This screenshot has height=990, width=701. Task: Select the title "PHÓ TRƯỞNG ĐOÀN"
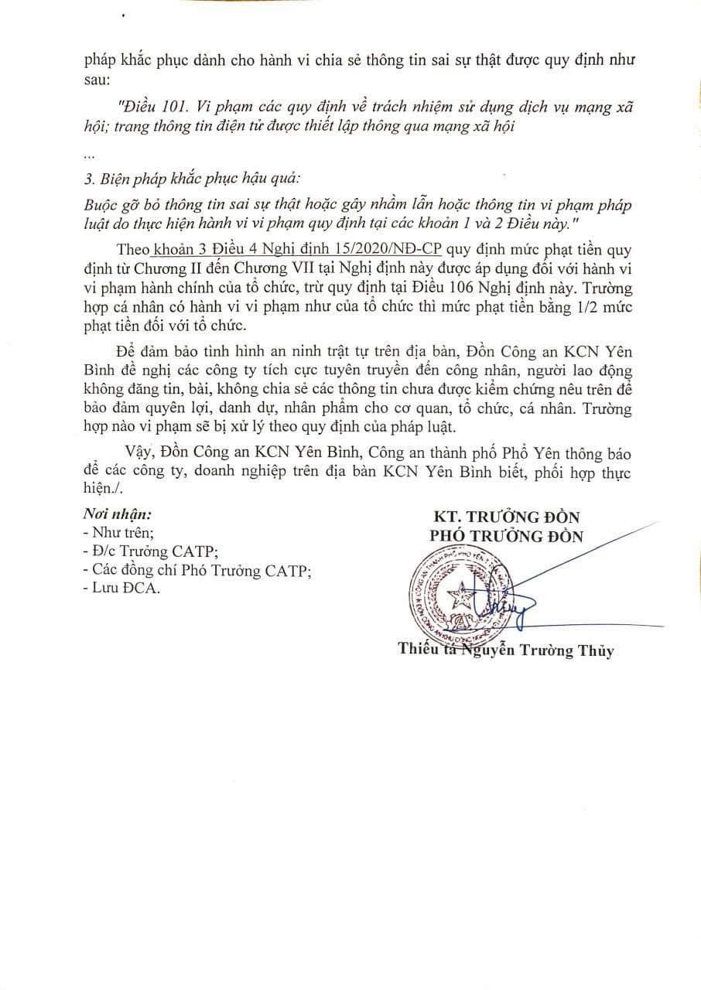(505, 535)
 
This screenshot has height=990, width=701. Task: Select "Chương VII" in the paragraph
(317, 269)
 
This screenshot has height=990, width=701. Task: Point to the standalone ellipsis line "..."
(88, 155)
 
